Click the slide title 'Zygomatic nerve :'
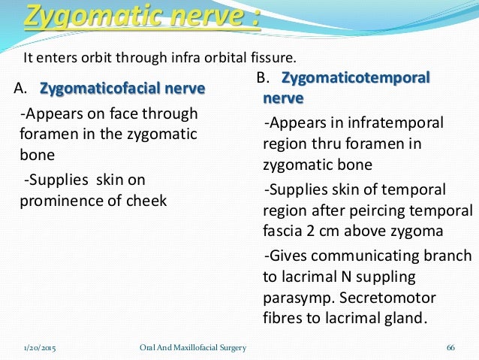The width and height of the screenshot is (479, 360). tap(143, 16)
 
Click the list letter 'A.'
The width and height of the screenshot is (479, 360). tap(21, 90)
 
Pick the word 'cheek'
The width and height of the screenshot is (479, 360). tap(147, 201)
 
